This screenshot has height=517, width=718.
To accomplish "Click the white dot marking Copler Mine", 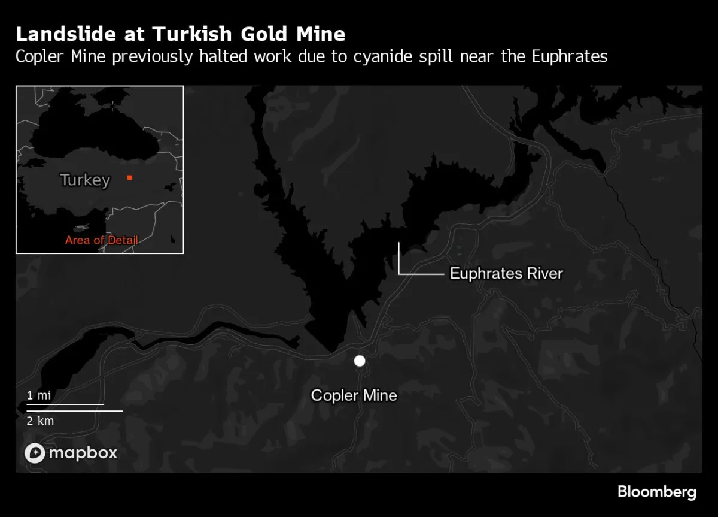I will pyautogui.click(x=359, y=361).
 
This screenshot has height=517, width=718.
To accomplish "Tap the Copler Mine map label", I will pyautogui.click(x=354, y=395).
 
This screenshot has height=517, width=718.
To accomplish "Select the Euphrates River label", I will pyautogui.click(x=506, y=274).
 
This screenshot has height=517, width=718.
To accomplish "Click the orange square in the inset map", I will pyautogui.click(x=129, y=177).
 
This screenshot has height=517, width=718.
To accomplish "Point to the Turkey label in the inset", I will pyautogui.click(x=85, y=180).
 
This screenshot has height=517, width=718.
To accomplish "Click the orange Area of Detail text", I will pyautogui.click(x=102, y=240).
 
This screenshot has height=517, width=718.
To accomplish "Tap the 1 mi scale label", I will pyautogui.click(x=38, y=395).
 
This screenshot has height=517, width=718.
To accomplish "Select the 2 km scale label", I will pyautogui.click(x=40, y=421).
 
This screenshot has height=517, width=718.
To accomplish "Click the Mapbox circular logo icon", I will pyautogui.click(x=35, y=453).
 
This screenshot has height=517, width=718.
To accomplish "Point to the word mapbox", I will pyautogui.click(x=83, y=453).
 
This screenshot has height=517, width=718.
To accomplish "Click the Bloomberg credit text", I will pyautogui.click(x=656, y=492).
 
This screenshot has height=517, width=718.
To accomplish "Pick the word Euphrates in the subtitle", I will pyautogui.click(x=568, y=57).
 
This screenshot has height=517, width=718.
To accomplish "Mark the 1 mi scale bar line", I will pyautogui.click(x=65, y=404).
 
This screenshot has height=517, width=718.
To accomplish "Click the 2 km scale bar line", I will pyautogui.click(x=74, y=411).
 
